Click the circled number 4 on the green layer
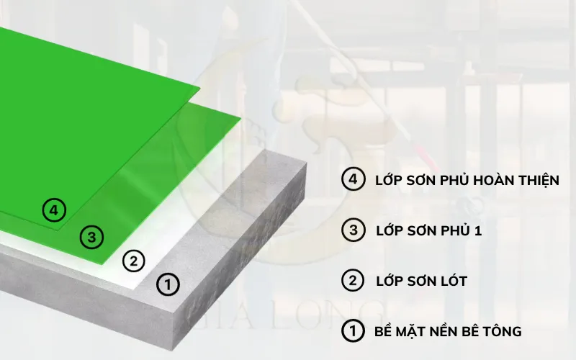tap(54, 211)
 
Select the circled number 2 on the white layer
tap(133, 261)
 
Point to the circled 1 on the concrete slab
tap(168, 284)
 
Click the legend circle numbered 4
tap(353, 180)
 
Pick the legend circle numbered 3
tap(353, 230)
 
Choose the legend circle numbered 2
tap(353, 280)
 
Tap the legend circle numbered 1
tap(353, 331)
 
